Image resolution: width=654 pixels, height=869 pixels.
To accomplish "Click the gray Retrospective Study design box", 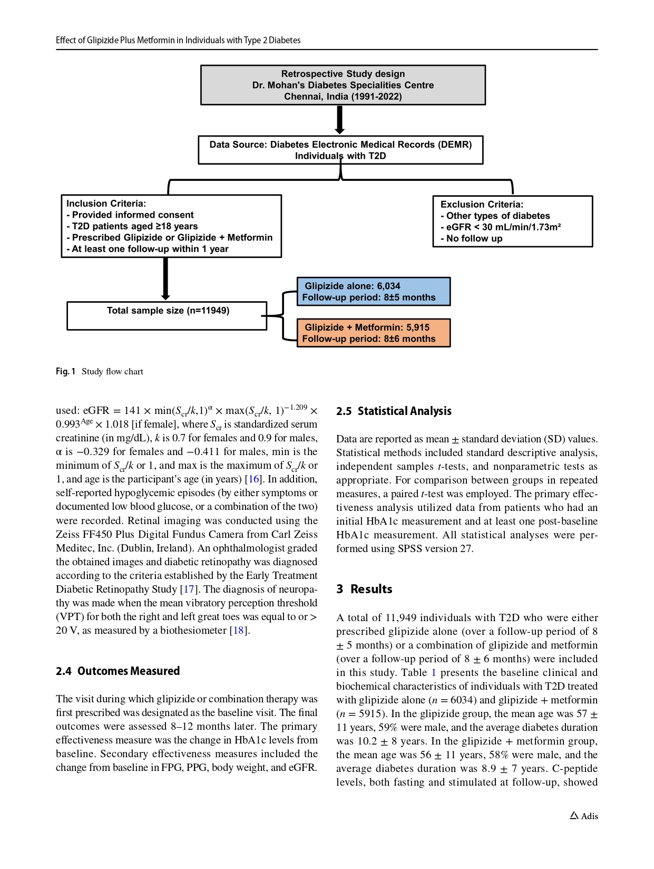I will (343, 85).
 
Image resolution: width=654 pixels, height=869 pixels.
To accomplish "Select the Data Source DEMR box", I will (340, 150).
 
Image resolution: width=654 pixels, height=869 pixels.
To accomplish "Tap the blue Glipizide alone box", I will (373, 292).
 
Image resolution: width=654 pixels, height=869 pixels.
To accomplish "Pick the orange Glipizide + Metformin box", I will (373, 333).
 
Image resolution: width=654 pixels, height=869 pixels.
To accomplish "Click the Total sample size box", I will (167, 315).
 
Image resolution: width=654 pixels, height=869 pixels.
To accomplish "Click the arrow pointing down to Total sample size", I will (165, 279).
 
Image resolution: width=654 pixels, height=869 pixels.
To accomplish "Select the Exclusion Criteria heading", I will (482, 205).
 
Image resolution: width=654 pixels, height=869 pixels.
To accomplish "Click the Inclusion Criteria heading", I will (106, 204).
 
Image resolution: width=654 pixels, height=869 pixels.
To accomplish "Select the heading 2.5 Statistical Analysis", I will (394, 411).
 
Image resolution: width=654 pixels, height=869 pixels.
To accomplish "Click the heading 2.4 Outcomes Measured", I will (118, 671).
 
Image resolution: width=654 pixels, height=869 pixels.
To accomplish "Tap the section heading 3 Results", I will (364, 590).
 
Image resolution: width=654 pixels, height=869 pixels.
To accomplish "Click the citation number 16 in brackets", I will (255, 479).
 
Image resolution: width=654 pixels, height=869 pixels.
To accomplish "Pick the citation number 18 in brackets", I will (239, 630).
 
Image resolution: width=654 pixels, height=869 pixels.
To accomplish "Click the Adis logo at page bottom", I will (584, 816).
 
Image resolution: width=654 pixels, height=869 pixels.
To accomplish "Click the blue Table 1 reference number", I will (434, 673).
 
